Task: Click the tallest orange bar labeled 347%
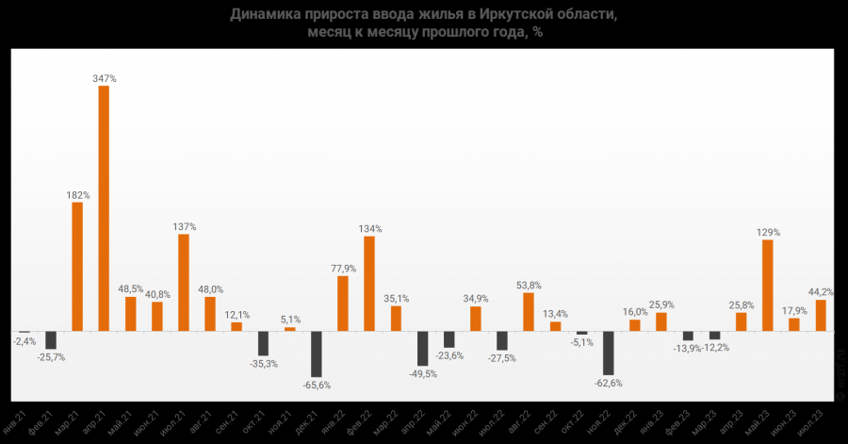pyautogui.click(x=104, y=209)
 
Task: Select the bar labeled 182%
pyautogui.click(x=77, y=267)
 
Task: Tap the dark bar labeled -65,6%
pyautogui.click(x=317, y=354)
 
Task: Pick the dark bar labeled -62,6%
pyautogui.click(x=609, y=353)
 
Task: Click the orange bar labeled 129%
pyautogui.click(x=768, y=286)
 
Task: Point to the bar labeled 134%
pyautogui.click(x=369, y=284)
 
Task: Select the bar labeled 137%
pyautogui.click(x=184, y=283)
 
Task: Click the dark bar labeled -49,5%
pyautogui.click(x=423, y=349)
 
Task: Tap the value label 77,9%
pyautogui.click(x=343, y=268)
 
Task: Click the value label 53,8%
pyautogui.click(x=529, y=285)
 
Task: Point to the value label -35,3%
pyautogui.click(x=263, y=363)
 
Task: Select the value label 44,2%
pyautogui.click(x=821, y=291)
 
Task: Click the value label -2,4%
pyautogui.click(x=24, y=341)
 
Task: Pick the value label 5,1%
pyautogui.click(x=290, y=319)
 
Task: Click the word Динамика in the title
pyautogui.click(x=265, y=14)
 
